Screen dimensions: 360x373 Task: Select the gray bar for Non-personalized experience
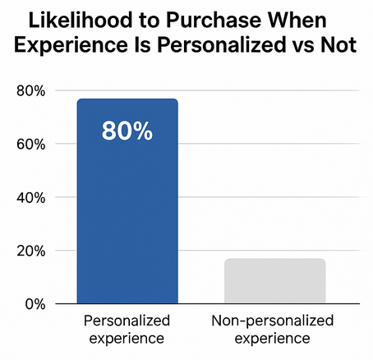(x=274, y=281)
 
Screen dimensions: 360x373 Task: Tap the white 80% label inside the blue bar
(x=127, y=132)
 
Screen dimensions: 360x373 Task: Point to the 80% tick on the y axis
(x=30, y=90)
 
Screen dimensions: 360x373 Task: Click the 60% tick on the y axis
(x=30, y=144)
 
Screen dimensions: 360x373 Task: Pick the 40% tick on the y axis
(x=30, y=197)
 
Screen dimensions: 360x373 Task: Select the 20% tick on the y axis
(x=30, y=251)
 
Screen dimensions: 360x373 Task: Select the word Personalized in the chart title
(x=222, y=48)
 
